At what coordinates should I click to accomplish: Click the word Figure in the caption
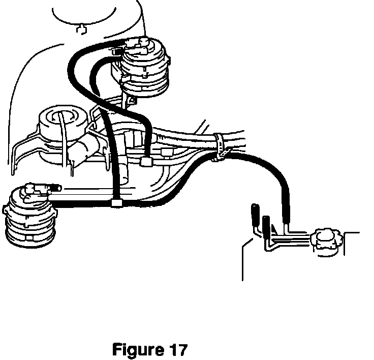[x=135, y=350]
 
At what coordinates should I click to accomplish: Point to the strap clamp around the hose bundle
[x=220, y=147]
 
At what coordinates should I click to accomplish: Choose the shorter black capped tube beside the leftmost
[x=266, y=225]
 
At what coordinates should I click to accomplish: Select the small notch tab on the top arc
[x=80, y=29]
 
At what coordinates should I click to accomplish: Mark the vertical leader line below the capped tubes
[x=243, y=262]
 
